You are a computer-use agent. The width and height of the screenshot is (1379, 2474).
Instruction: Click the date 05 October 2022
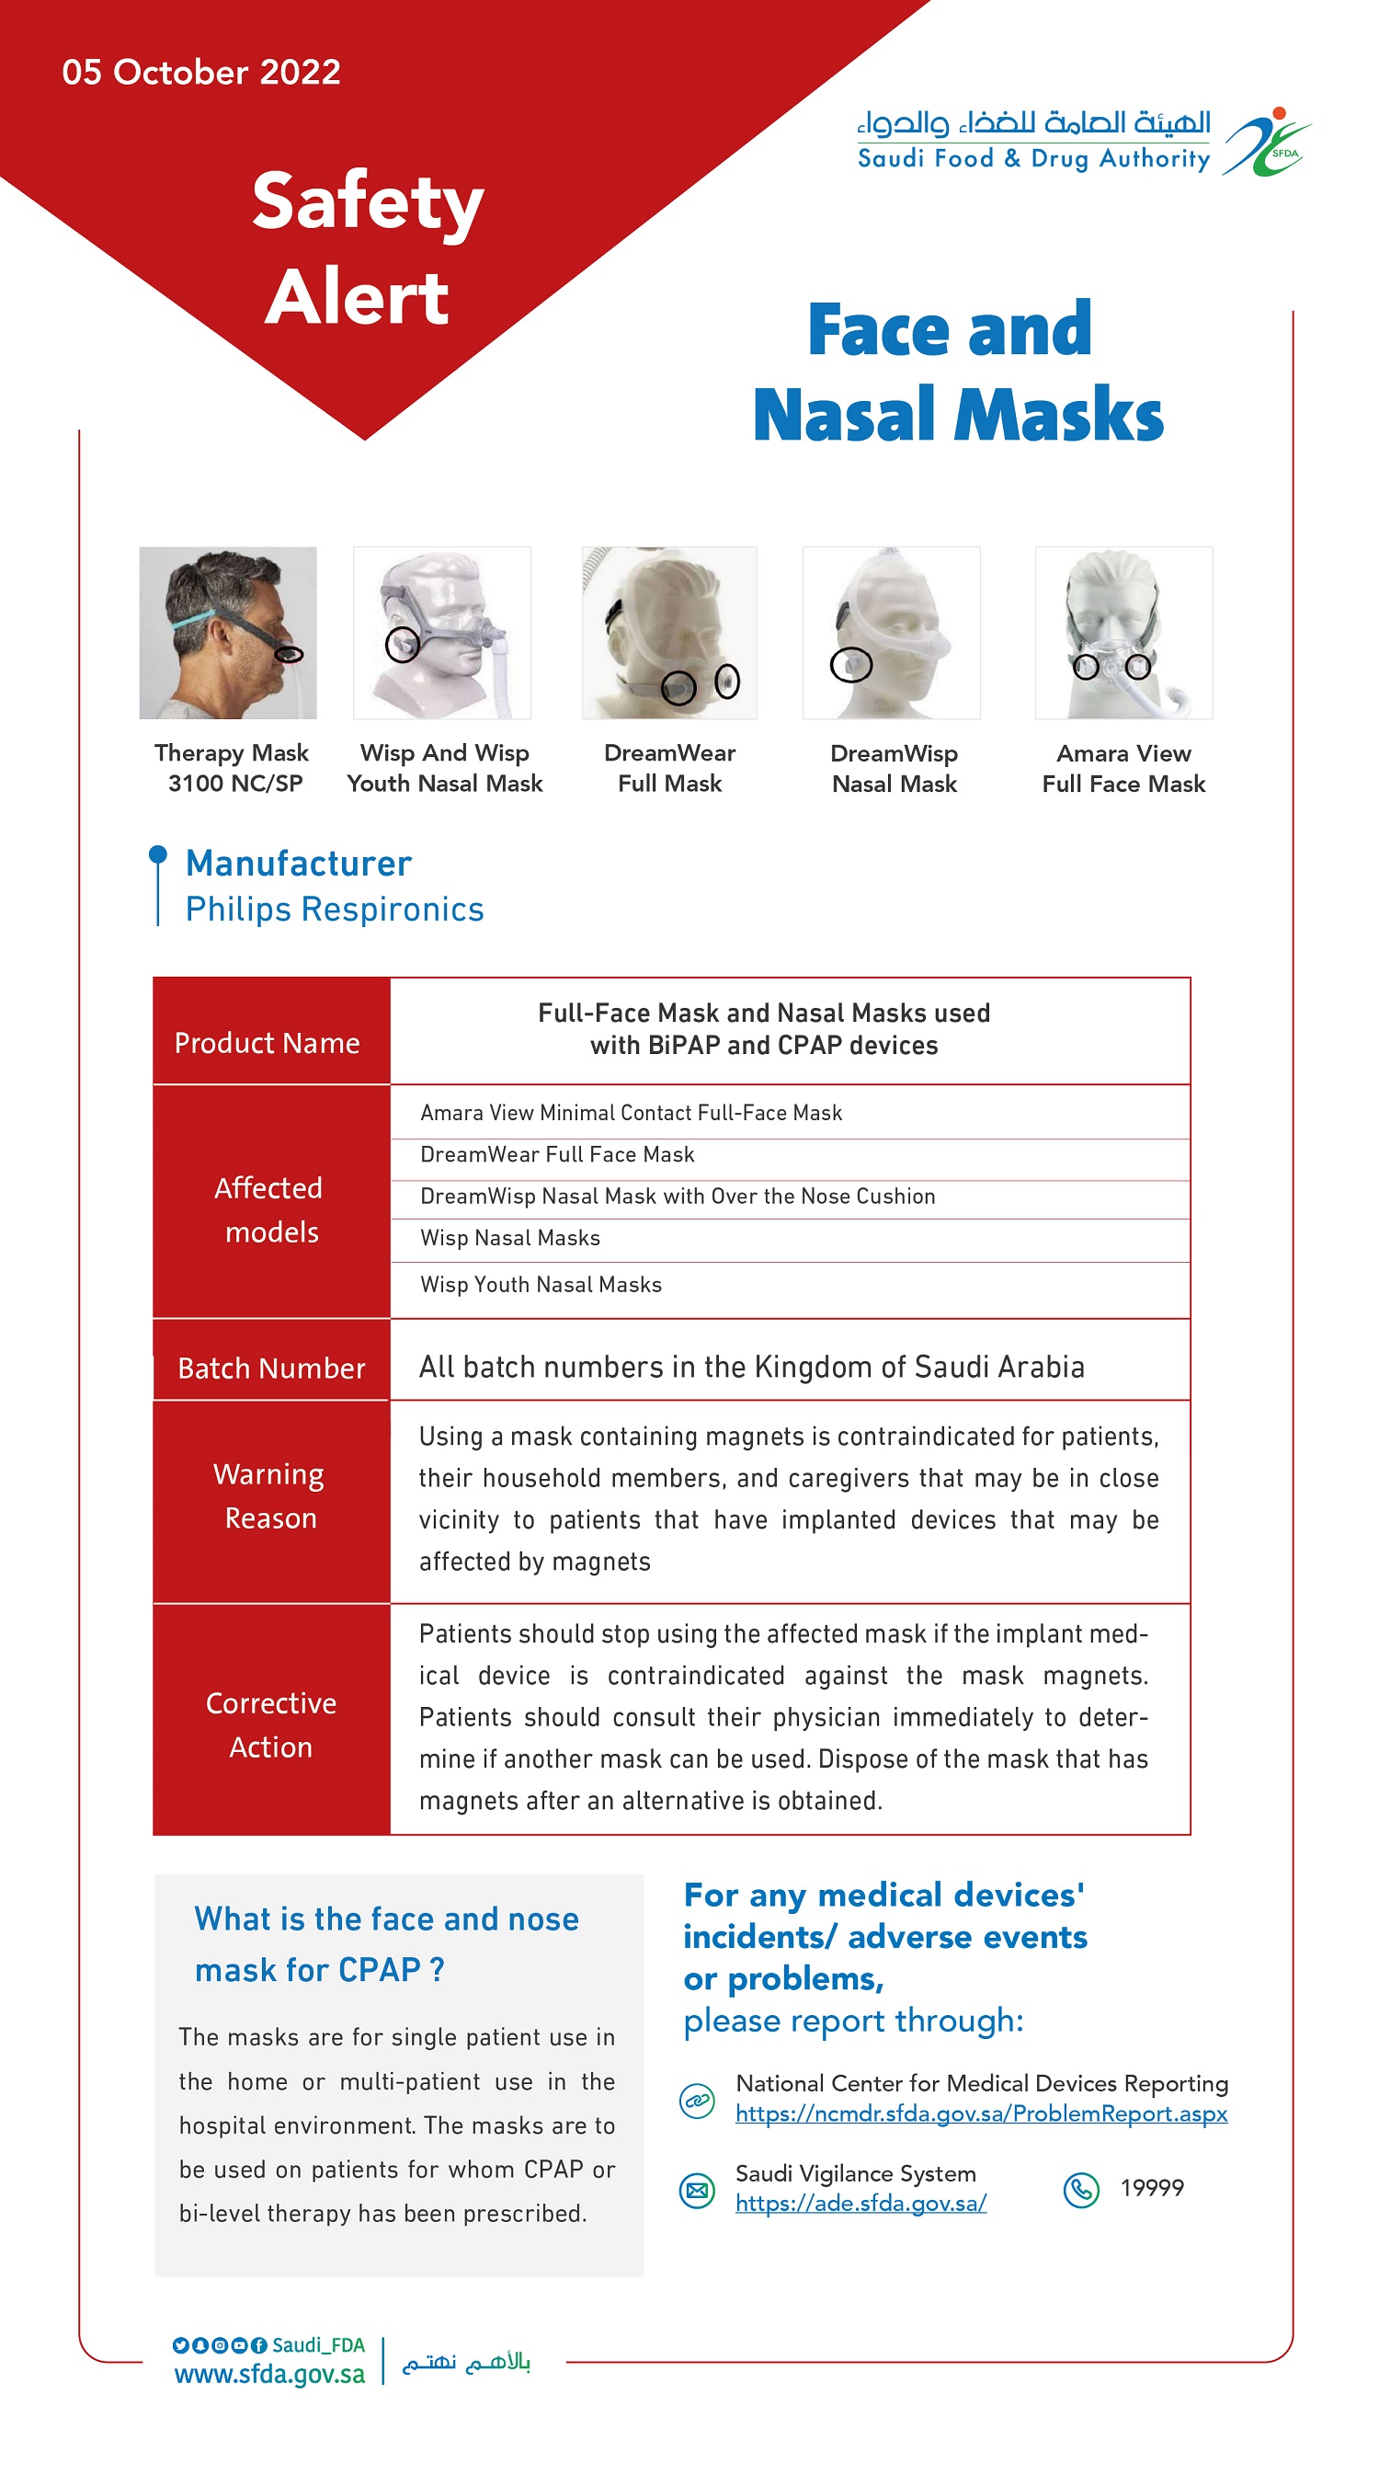point(200,72)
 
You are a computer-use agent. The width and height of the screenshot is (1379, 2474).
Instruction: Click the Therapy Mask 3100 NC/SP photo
point(228,632)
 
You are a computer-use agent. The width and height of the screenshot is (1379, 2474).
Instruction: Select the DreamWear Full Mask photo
point(668,632)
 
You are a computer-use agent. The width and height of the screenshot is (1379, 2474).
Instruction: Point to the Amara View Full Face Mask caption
point(1123,768)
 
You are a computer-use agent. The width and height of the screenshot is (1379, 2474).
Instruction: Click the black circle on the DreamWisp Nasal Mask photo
point(850,664)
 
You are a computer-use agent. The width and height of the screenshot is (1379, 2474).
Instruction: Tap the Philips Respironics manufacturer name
point(335,909)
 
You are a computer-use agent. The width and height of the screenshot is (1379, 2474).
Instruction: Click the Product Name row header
point(267,1043)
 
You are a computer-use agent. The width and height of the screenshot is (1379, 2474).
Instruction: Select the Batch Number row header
point(271,1368)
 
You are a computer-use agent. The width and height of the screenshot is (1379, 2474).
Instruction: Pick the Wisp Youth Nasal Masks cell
point(541,1284)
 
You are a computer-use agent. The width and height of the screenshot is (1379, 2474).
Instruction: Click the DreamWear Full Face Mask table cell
point(557,1154)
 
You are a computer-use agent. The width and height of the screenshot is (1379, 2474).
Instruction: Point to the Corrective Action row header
point(271,1724)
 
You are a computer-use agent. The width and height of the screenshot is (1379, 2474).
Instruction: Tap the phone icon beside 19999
point(1080,2189)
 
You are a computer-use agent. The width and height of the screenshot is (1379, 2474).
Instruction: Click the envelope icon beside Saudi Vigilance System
point(697,2191)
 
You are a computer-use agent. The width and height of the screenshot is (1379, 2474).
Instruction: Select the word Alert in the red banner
point(357,297)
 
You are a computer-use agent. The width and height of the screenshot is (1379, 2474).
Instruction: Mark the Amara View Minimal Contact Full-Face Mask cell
point(631,1112)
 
